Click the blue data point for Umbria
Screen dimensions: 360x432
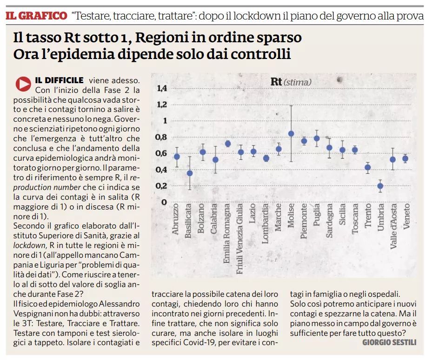point(380,186)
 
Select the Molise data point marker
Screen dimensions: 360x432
point(291,134)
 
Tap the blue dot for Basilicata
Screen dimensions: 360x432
point(189,173)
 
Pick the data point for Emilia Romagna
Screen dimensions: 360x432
point(228,144)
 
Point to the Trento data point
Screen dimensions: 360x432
point(368,168)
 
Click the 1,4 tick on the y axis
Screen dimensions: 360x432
point(162,88)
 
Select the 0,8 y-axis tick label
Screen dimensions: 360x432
point(161,137)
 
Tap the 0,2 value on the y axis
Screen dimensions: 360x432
point(161,186)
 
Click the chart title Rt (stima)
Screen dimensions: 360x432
point(291,82)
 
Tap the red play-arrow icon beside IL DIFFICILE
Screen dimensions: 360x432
point(23,84)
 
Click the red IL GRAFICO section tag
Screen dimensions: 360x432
point(36,16)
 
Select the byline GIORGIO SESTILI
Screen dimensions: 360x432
point(389,342)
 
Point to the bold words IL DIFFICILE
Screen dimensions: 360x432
point(60,80)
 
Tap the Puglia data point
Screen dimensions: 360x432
point(317,138)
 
